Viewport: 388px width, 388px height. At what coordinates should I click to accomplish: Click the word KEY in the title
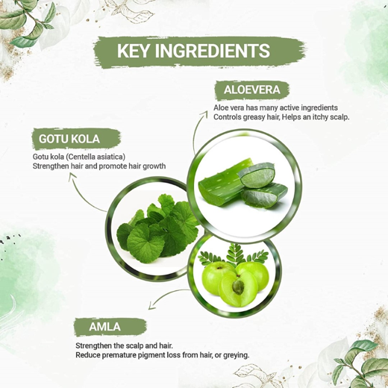(x=133, y=51)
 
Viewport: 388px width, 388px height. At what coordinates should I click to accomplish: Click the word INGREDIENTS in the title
(x=213, y=51)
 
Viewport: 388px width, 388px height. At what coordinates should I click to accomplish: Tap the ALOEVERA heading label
(x=251, y=90)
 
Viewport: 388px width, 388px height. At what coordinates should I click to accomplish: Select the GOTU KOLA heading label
(x=69, y=139)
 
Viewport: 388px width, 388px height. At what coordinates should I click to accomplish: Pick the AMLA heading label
(x=104, y=327)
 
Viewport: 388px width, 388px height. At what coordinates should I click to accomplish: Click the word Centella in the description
(x=84, y=157)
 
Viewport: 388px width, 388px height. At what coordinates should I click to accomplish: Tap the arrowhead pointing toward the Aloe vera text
(x=205, y=114)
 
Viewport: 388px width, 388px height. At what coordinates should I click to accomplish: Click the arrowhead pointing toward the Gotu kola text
(x=72, y=175)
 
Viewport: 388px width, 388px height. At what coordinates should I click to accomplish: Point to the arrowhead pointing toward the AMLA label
(x=151, y=306)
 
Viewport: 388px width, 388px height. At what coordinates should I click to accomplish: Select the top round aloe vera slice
(x=256, y=175)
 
